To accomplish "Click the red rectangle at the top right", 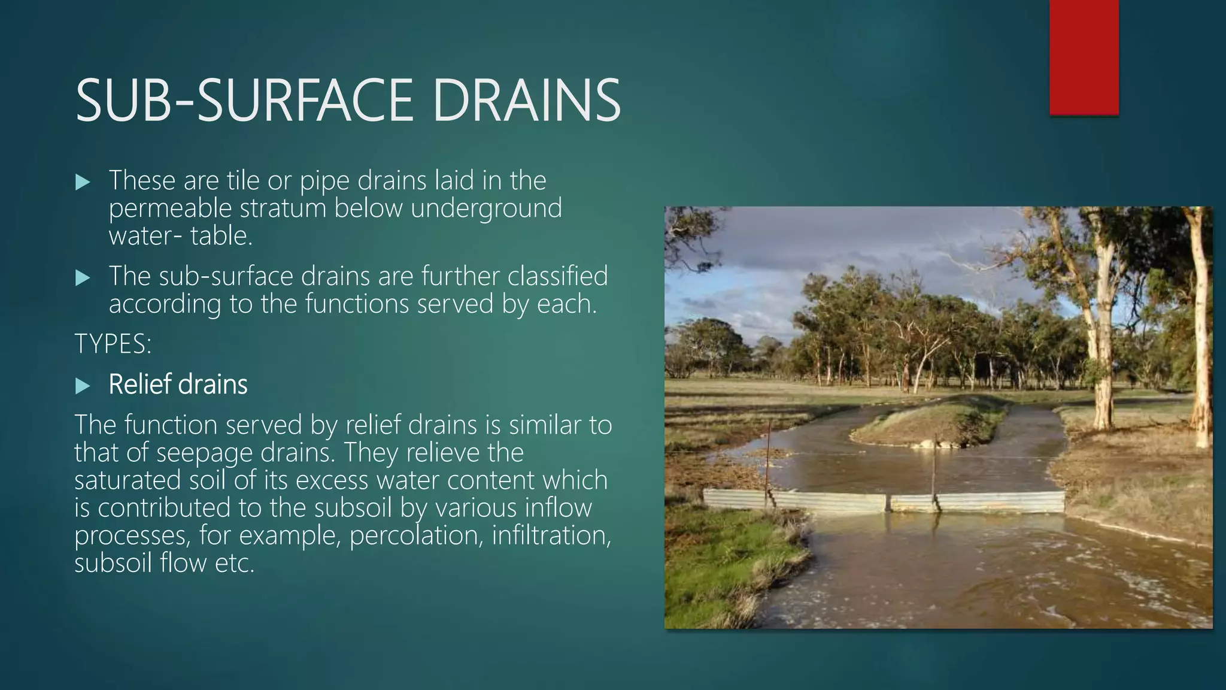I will [1084, 57].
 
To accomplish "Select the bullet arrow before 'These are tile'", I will [83, 182].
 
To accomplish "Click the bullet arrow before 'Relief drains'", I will [83, 386].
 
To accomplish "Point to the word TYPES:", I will [113, 344].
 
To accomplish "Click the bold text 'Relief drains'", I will [178, 385].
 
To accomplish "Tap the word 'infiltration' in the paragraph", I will [551, 535].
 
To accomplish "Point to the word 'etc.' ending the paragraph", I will [235, 562].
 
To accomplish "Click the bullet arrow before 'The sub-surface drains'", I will [83, 278].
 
